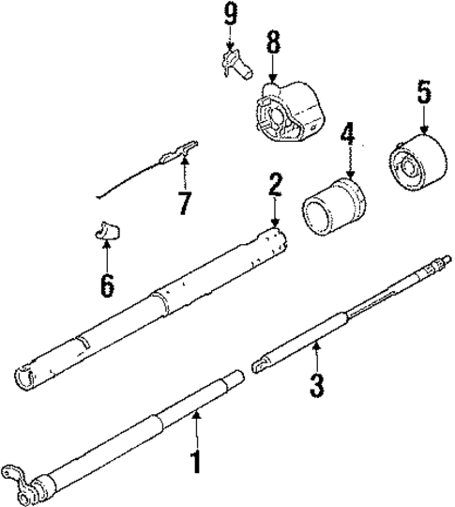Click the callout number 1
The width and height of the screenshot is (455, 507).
click(196, 462)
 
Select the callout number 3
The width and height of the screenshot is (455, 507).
click(317, 383)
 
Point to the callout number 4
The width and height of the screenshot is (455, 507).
click(348, 133)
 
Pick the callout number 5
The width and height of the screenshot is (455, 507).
click(423, 92)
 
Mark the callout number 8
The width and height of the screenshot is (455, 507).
click(273, 42)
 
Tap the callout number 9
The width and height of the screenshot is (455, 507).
click(231, 13)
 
